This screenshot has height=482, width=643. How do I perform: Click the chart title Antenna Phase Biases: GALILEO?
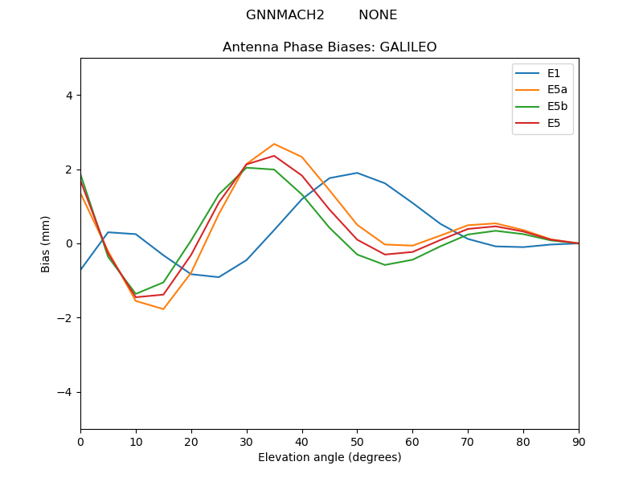330,47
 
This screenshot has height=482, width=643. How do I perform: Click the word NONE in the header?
378,15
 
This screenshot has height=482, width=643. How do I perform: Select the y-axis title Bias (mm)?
46,243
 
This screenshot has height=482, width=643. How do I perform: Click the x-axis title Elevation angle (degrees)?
330,457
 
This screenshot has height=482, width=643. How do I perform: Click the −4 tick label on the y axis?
67,392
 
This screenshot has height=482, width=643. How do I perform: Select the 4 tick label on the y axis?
69,95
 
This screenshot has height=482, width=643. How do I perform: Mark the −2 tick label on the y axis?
67,318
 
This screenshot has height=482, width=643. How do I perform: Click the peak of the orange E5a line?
274,144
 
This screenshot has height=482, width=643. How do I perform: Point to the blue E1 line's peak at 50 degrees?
357,173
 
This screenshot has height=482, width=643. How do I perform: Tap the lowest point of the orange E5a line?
163,309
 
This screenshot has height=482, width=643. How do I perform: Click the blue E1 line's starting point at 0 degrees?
81,269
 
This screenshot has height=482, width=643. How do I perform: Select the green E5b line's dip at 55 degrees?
385,265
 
